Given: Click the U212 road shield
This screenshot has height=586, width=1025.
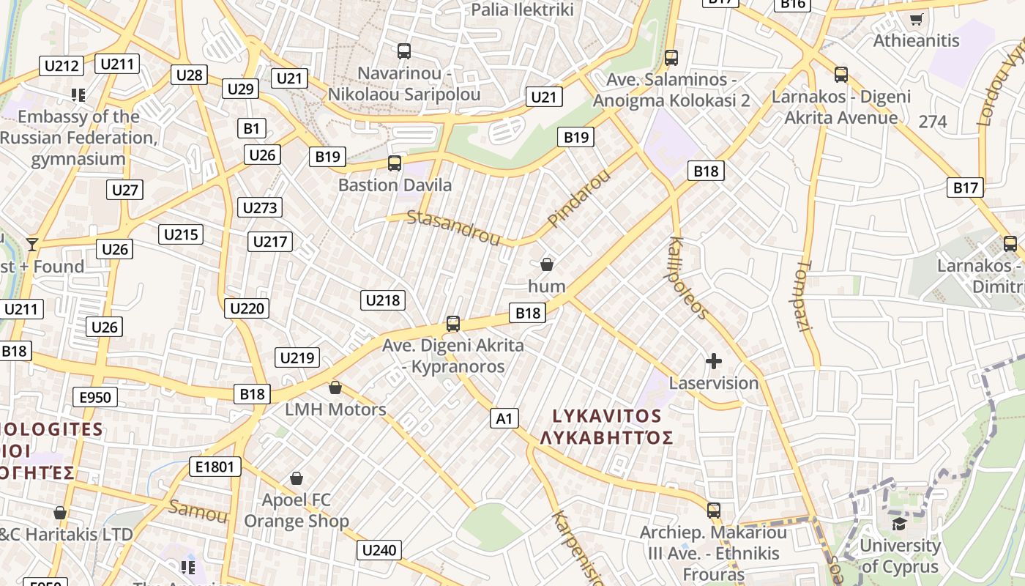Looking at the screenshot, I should (61, 66).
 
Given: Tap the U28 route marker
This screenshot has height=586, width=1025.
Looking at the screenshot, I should (190, 75).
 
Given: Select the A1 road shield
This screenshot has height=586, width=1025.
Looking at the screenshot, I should (504, 418).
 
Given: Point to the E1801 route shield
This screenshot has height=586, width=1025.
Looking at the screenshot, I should (215, 467).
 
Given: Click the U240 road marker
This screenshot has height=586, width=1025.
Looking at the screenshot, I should (379, 550).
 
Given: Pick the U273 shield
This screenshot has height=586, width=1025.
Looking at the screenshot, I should (260, 207).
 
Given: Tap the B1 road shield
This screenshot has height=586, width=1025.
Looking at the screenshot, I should (251, 129).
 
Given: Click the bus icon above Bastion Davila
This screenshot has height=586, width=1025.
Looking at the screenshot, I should (395, 163).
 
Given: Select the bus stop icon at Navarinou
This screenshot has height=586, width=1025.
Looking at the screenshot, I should (404, 51).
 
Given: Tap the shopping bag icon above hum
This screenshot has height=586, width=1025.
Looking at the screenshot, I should (546, 264).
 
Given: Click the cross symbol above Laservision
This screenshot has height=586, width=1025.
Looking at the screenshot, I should (713, 361).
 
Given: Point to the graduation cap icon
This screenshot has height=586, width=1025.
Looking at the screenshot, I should (898, 523).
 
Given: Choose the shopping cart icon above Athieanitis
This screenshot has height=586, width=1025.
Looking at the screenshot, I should (915, 19).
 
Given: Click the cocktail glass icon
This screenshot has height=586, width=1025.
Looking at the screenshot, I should (32, 244).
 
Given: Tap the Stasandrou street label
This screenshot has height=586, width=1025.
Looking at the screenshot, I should (453, 228).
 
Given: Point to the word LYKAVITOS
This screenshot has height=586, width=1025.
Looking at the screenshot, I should (607, 416).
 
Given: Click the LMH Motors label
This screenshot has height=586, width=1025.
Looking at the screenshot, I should (335, 409).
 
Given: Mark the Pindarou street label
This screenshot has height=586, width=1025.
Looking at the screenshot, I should (578, 198).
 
